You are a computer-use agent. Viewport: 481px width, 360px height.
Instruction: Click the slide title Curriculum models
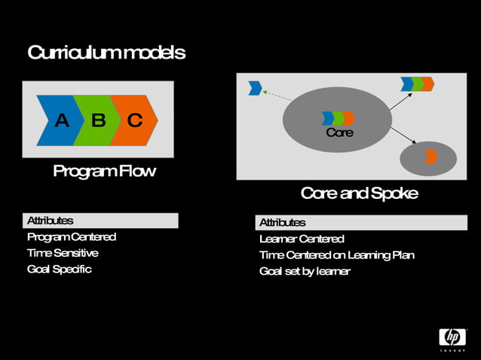[106, 53]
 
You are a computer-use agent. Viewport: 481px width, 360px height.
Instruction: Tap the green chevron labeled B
[97, 120]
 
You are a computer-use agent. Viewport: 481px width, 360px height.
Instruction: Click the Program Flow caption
[104, 171]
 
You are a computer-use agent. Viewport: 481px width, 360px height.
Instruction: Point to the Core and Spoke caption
[359, 193]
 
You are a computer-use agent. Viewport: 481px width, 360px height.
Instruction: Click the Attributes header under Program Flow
[51, 221]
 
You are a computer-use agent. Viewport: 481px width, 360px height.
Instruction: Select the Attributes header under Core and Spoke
[283, 222]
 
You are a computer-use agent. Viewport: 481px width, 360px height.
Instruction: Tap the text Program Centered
[72, 236]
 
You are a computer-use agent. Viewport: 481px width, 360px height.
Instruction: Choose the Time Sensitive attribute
[63, 252]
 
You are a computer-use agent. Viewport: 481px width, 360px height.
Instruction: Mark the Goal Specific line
[60, 269]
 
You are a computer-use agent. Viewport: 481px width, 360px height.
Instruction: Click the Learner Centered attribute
[302, 239]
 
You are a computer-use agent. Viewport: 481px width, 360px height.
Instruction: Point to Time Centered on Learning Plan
[336, 255]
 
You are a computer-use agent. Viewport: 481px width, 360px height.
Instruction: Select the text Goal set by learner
[305, 271]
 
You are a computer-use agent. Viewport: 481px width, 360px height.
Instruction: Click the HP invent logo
[452, 339]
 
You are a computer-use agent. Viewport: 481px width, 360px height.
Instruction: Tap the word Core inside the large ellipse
[339, 133]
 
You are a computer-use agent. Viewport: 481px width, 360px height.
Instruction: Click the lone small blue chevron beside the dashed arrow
[255, 89]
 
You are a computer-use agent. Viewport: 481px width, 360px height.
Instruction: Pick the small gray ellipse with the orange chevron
[427, 157]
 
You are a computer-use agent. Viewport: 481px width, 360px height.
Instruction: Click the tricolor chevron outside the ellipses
[417, 84]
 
